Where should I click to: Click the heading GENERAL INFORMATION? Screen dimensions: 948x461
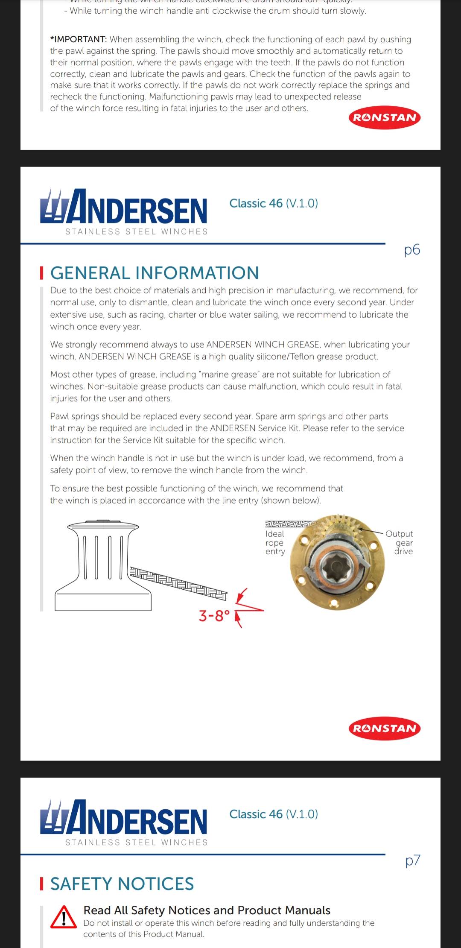click(155, 273)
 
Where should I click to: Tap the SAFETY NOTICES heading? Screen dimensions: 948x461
click(122, 884)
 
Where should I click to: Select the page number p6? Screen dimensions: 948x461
click(412, 250)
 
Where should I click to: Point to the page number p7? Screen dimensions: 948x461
click(412, 860)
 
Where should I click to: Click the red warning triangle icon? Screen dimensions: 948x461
click(64, 917)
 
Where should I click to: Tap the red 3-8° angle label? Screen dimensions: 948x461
click(214, 616)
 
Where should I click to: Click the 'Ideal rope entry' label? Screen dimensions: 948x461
click(275, 543)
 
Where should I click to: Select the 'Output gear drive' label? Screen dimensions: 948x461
click(400, 542)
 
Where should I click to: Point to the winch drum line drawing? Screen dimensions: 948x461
click(103, 564)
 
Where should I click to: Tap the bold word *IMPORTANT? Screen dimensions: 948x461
click(79, 40)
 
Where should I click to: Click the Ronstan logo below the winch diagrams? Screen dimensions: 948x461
click(384, 728)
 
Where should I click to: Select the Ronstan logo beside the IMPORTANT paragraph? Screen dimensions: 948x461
click(384, 117)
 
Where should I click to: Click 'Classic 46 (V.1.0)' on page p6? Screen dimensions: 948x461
click(274, 203)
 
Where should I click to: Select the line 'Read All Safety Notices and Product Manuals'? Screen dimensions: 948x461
click(207, 910)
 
